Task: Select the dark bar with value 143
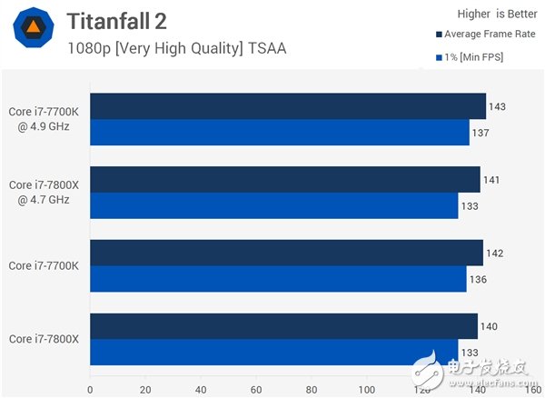(287, 106)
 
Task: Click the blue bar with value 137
(279, 133)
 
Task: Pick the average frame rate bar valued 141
(284, 179)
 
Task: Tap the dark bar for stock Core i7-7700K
(286, 253)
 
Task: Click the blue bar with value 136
(278, 279)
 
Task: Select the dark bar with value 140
(283, 326)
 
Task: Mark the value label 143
(497, 106)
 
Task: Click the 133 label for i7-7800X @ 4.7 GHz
(471, 206)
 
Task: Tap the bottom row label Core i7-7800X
(44, 339)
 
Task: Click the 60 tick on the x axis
(256, 390)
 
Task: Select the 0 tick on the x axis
(89, 390)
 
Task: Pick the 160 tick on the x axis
(532, 390)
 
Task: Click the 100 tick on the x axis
(366, 390)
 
